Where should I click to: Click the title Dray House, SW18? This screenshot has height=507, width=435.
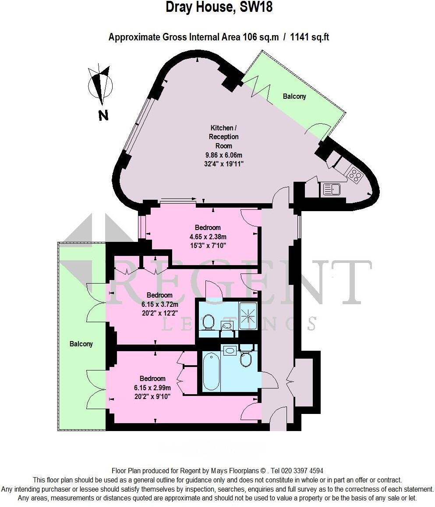[219, 7]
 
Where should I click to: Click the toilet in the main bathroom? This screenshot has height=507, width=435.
[246, 359]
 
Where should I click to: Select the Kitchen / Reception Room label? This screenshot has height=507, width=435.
[223, 137]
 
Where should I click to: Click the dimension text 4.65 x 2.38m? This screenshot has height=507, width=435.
[208, 237]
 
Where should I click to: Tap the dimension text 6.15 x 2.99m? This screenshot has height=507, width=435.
[152, 387]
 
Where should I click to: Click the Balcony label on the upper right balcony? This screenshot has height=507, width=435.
[294, 96]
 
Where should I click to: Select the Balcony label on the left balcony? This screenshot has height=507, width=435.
[81, 344]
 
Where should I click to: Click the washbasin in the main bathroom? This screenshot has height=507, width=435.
[230, 350]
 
